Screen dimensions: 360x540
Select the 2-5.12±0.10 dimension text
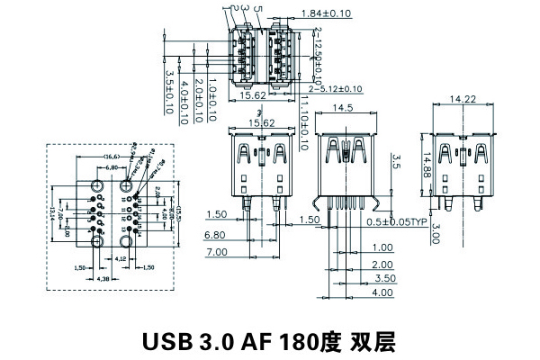(335, 89)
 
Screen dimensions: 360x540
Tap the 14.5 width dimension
(343, 108)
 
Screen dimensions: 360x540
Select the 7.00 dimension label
(216, 254)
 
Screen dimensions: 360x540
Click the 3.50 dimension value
(382, 279)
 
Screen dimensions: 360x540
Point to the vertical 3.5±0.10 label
(169, 94)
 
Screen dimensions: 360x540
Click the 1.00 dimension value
(382, 247)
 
